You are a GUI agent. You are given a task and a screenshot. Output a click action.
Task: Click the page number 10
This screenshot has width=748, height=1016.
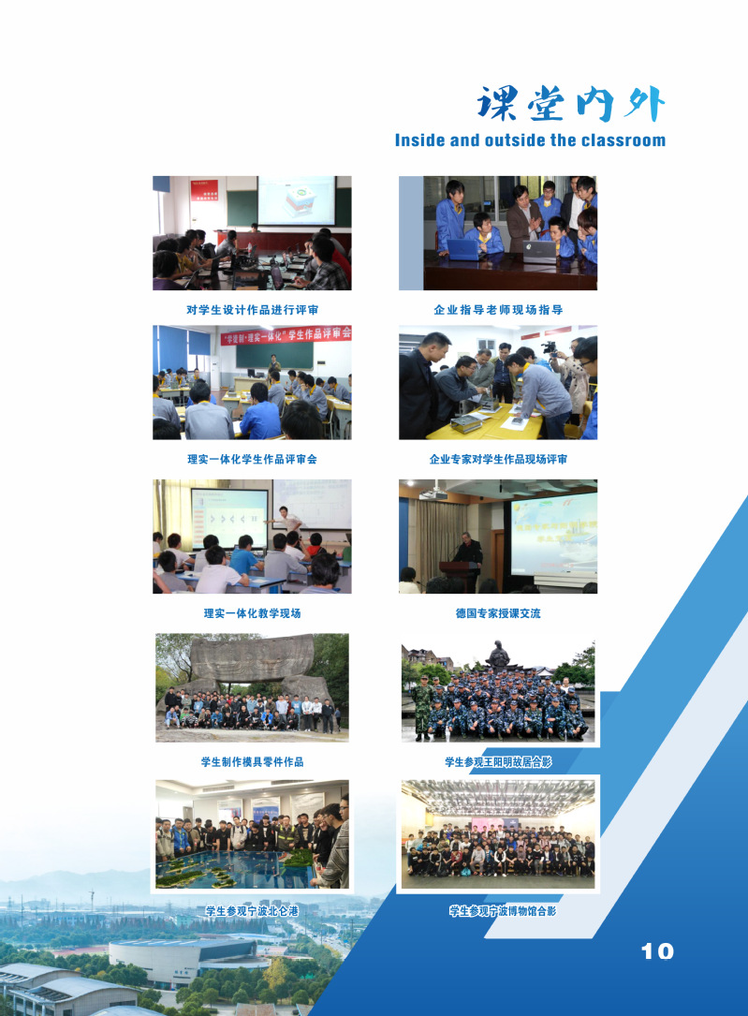[657, 951]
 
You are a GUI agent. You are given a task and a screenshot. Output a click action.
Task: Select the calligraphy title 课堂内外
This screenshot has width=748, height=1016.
[570, 104]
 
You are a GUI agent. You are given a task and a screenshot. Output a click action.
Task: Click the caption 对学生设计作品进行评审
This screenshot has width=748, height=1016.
[252, 310]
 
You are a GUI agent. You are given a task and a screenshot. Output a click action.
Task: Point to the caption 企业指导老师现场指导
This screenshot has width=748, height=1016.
[498, 310]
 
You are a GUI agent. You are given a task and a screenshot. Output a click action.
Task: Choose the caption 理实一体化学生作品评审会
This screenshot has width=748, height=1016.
[252, 459]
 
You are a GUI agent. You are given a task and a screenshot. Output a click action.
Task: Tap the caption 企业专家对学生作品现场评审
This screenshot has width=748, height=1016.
[498, 459]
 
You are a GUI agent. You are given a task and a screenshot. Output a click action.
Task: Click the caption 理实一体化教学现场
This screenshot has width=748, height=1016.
[252, 613]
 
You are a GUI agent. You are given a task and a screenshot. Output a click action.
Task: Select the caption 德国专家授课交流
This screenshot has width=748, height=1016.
[498, 613]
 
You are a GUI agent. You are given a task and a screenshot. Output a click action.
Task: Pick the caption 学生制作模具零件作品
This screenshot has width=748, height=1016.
[252, 761]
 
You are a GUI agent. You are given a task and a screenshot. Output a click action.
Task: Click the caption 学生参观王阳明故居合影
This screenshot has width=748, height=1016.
[498, 761]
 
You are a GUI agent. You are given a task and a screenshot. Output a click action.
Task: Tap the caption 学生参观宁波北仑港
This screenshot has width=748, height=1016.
[252, 910]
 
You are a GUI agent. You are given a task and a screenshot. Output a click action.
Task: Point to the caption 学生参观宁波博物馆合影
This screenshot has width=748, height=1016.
[503, 910]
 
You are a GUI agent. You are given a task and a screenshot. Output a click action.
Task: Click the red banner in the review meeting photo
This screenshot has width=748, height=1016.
[286, 335]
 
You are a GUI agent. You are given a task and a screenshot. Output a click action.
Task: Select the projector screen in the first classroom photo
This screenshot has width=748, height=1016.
[296, 200]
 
